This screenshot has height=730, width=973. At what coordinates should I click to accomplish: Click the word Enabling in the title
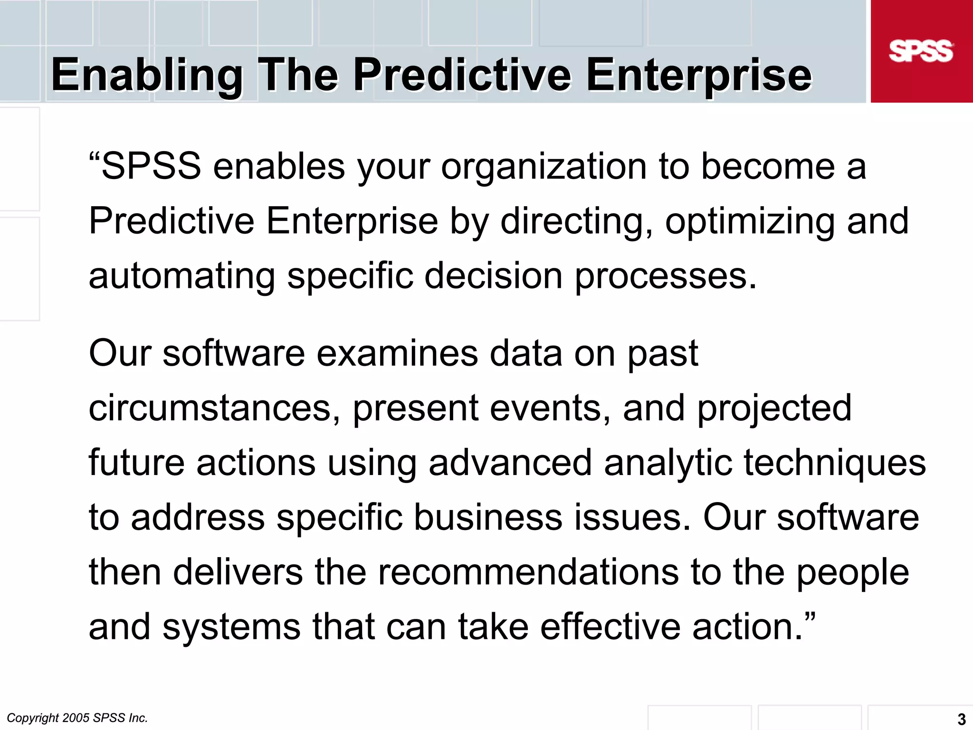(147, 75)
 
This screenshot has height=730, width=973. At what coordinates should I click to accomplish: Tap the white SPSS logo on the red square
(921, 51)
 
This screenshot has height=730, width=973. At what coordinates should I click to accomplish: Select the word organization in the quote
(544, 167)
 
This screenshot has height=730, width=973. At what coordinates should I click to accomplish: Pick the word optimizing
(750, 222)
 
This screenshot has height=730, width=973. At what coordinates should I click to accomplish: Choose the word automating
(182, 276)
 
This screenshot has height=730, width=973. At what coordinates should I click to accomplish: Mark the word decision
(493, 276)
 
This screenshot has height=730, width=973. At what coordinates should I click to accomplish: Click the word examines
(397, 354)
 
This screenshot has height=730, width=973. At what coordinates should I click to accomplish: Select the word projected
(774, 408)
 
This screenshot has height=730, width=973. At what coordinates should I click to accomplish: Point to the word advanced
(510, 463)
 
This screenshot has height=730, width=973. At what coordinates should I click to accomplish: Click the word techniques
(834, 463)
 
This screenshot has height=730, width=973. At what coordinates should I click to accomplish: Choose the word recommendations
(528, 572)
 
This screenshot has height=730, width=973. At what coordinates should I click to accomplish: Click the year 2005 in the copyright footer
(76, 718)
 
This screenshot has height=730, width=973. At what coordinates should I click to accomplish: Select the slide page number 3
(961, 719)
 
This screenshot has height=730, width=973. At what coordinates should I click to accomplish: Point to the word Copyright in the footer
(32, 718)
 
